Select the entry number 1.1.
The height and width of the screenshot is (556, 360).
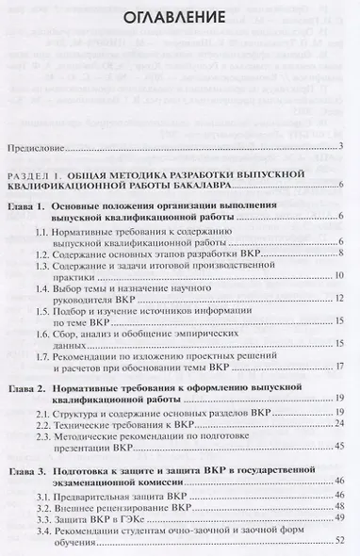(44, 231)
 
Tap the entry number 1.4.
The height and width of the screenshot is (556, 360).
(44, 286)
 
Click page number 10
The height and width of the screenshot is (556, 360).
(339, 273)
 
